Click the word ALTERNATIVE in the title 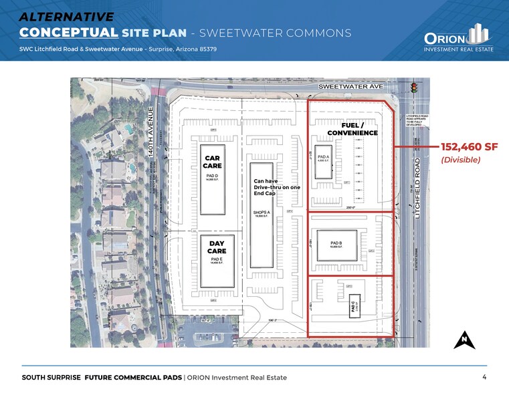click(x=66, y=16)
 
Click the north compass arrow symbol click(x=464, y=339)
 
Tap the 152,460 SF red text click(x=470, y=146)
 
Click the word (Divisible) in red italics click(x=460, y=160)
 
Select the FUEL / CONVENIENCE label click(x=352, y=129)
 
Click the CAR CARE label click(x=213, y=162)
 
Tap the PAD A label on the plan click(x=323, y=156)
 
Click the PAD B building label click(x=336, y=243)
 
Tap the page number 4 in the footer click(x=484, y=377)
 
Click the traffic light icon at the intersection click(x=413, y=88)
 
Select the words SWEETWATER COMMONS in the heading click(x=275, y=33)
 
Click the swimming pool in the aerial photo click(x=128, y=128)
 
